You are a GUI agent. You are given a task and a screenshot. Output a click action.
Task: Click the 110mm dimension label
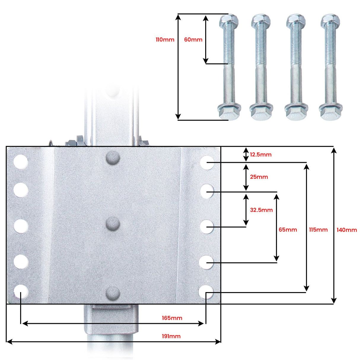[x=165, y=40]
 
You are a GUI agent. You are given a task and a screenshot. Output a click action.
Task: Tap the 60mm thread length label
[x=193, y=40]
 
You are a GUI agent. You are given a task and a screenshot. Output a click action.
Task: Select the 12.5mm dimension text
[x=261, y=154]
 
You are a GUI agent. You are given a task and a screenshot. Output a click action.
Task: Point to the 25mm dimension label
[x=259, y=177]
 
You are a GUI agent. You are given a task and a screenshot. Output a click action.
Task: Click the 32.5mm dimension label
[x=261, y=210]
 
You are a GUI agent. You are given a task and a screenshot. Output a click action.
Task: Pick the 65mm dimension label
[x=288, y=230]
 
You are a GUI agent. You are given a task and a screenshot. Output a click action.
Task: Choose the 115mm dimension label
[x=318, y=230]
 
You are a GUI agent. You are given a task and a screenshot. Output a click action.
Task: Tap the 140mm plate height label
[x=347, y=230]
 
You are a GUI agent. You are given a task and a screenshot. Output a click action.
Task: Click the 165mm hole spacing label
[x=172, y=318]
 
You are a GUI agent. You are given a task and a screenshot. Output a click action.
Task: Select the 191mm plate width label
[x=171, y=336]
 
